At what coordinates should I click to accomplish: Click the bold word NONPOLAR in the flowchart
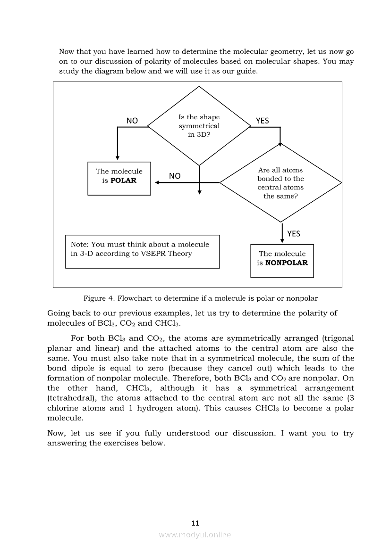286,263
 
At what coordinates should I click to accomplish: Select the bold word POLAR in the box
123,181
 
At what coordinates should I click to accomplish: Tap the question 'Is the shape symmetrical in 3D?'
199,125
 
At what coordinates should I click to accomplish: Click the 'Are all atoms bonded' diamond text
280,183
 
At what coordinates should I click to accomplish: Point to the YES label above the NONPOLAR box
293,234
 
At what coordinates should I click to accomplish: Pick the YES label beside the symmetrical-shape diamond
262,121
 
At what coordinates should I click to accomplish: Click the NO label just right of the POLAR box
175,176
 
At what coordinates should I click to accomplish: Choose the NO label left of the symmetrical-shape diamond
132,121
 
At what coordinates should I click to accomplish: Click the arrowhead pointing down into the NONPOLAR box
282,241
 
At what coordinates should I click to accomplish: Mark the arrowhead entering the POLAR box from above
117,158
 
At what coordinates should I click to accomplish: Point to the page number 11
195,523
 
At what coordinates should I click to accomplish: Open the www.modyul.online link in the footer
195,535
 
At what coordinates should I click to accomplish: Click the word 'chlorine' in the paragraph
64,408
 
